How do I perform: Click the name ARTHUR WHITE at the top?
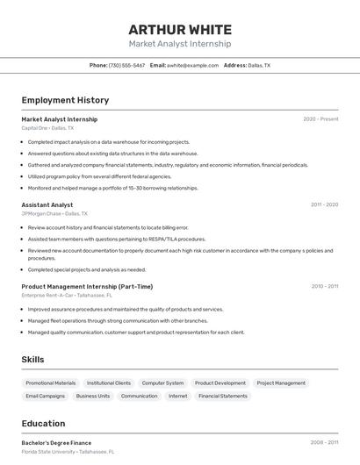[x=180, y=30]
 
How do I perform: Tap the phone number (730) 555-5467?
[x=126, y=65]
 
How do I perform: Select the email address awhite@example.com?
[x=193, y=65]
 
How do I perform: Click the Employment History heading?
[x=65, y=100]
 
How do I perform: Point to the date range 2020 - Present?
[x=320, y=119]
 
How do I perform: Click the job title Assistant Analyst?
[x=47, y=204]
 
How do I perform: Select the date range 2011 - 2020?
[x=324, y=204]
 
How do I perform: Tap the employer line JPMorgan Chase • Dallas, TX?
[x=54, y=213]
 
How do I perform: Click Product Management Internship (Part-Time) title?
[x=87, y=286]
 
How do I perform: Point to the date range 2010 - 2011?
[x=324, y=286]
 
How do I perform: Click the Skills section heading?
[x=32, y=360]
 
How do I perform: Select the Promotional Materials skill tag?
[x=51, y=383]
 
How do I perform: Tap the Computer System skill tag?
[x=162, y=383]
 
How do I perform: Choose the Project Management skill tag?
[x=282, y=383]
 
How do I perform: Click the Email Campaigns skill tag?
[x=46, y=397]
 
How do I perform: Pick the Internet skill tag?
[x=178, y=397]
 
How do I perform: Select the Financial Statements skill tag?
[x=223, y=397]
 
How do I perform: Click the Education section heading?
[x=43, y=424]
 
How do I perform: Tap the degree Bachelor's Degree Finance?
[x=56, y=443]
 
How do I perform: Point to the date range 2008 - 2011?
[x=324, y=443]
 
